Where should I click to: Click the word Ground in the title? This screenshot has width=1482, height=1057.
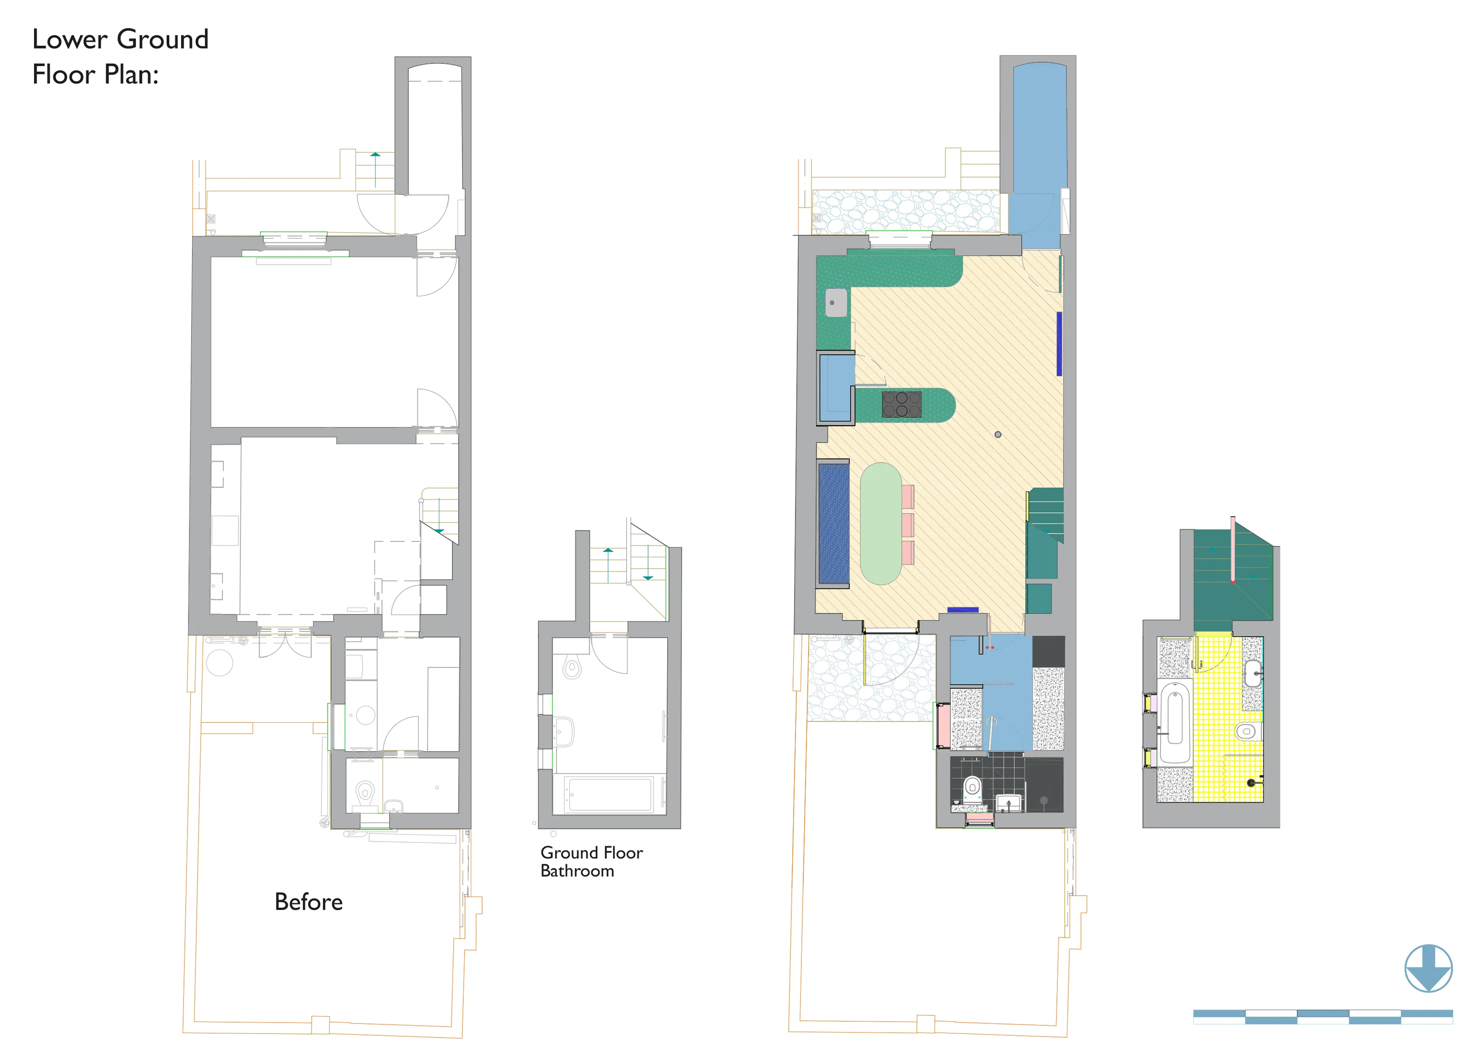point(163,40)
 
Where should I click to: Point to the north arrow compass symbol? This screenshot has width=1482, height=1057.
point(1428,969)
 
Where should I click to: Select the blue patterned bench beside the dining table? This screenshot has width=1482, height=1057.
point(833,523)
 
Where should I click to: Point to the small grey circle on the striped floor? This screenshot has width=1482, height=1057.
point(998,434)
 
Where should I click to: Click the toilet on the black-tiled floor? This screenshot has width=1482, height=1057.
point(972,788)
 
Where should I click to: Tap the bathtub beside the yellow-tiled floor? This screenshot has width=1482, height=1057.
point(1174,722)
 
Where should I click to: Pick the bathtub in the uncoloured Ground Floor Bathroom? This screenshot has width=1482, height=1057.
point(609,794)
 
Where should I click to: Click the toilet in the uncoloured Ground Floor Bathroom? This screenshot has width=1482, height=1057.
point(572,667)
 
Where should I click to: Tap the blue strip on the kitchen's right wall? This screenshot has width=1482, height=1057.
point(1059,344)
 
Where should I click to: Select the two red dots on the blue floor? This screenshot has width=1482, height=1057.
point(989,648)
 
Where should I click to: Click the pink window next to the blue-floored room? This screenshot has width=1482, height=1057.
point(942,725)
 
